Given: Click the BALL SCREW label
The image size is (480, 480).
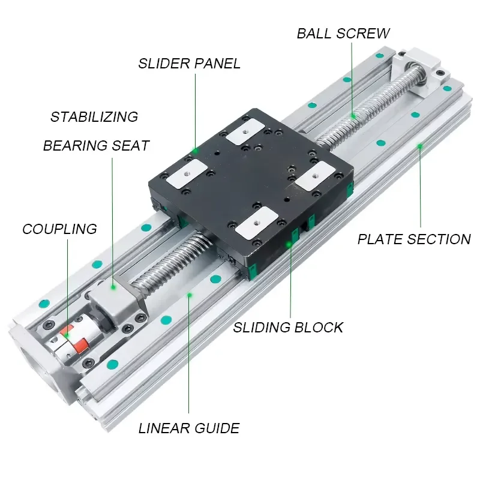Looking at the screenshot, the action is pyautogui.click(x=343, y=34).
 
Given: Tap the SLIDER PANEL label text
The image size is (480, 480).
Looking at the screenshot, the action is pyautogui.click(x=189, y=64).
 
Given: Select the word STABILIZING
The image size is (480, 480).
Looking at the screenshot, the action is pyautogui.click(x=94, y=116).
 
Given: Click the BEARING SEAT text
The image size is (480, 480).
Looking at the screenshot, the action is pyautogui.click(x=96, y=145).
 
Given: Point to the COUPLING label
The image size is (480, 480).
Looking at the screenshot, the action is pyautogui.click(x=59, y=229).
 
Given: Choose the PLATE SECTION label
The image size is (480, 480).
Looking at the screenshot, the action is pyautogui.click(x=414, y=239).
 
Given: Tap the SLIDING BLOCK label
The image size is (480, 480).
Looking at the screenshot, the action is pyautogui.click(x=288, y=327).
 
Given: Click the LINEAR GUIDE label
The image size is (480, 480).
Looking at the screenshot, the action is pyautogui.click(x=189, y=428).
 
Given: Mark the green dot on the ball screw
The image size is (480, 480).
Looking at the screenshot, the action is pyautogui.click(x=353, y=116).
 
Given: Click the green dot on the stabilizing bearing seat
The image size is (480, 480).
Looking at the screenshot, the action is pyautogui.click(x=113, y=287).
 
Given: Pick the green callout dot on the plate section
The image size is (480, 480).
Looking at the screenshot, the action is pyautogui.click(x=420, y=146).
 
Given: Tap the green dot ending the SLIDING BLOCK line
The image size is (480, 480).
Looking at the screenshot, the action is pyautogui.click(x=289, y=245).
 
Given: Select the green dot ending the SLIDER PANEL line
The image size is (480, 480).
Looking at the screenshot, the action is pyautogui.click(x=195, y=151).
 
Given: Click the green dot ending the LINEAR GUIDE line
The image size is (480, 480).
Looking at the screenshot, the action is pyautogui.click(x=190, y=295).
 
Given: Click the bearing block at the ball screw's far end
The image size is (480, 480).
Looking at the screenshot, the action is pyautogui.click(x=420, y=72).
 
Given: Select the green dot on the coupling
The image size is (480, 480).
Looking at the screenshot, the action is pyautogui.click(x=67, y=335).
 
